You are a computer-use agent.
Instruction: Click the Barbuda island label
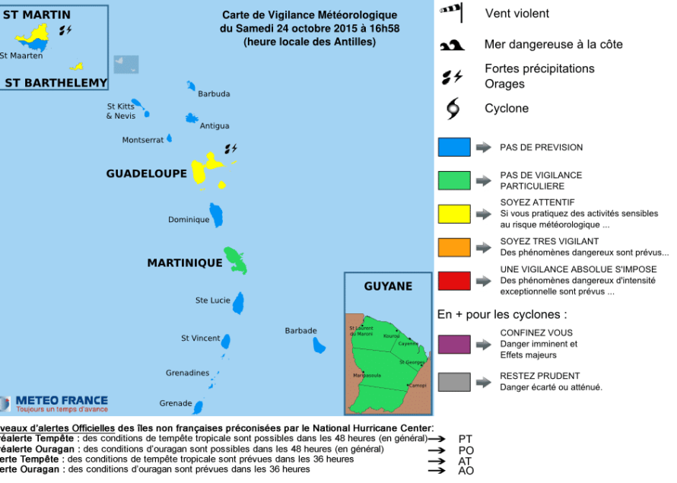click(214, 94)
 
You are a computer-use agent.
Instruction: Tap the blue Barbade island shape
click(319, 345)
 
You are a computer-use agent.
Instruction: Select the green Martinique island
click(236, 260)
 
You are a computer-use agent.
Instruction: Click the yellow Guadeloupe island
click(201, 170)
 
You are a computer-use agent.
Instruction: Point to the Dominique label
click(189, 220)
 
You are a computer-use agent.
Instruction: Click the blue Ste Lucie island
click(238, 303)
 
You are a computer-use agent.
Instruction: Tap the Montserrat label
click(143, 140)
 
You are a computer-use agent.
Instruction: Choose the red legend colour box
click(453, 281)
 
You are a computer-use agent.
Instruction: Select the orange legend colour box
click(453, 247)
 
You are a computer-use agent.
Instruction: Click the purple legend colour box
click(453, 344)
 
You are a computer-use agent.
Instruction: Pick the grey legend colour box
click(453, 381)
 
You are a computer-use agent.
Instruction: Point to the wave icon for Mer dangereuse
click(452, 46)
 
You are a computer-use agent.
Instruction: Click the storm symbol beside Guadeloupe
click(230, 148)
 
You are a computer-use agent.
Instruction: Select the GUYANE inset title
click(388, 287)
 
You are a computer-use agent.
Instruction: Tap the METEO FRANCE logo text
click(62, 400)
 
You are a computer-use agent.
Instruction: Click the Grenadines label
click(187, 373)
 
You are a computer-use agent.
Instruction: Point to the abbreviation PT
click(466, 439)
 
